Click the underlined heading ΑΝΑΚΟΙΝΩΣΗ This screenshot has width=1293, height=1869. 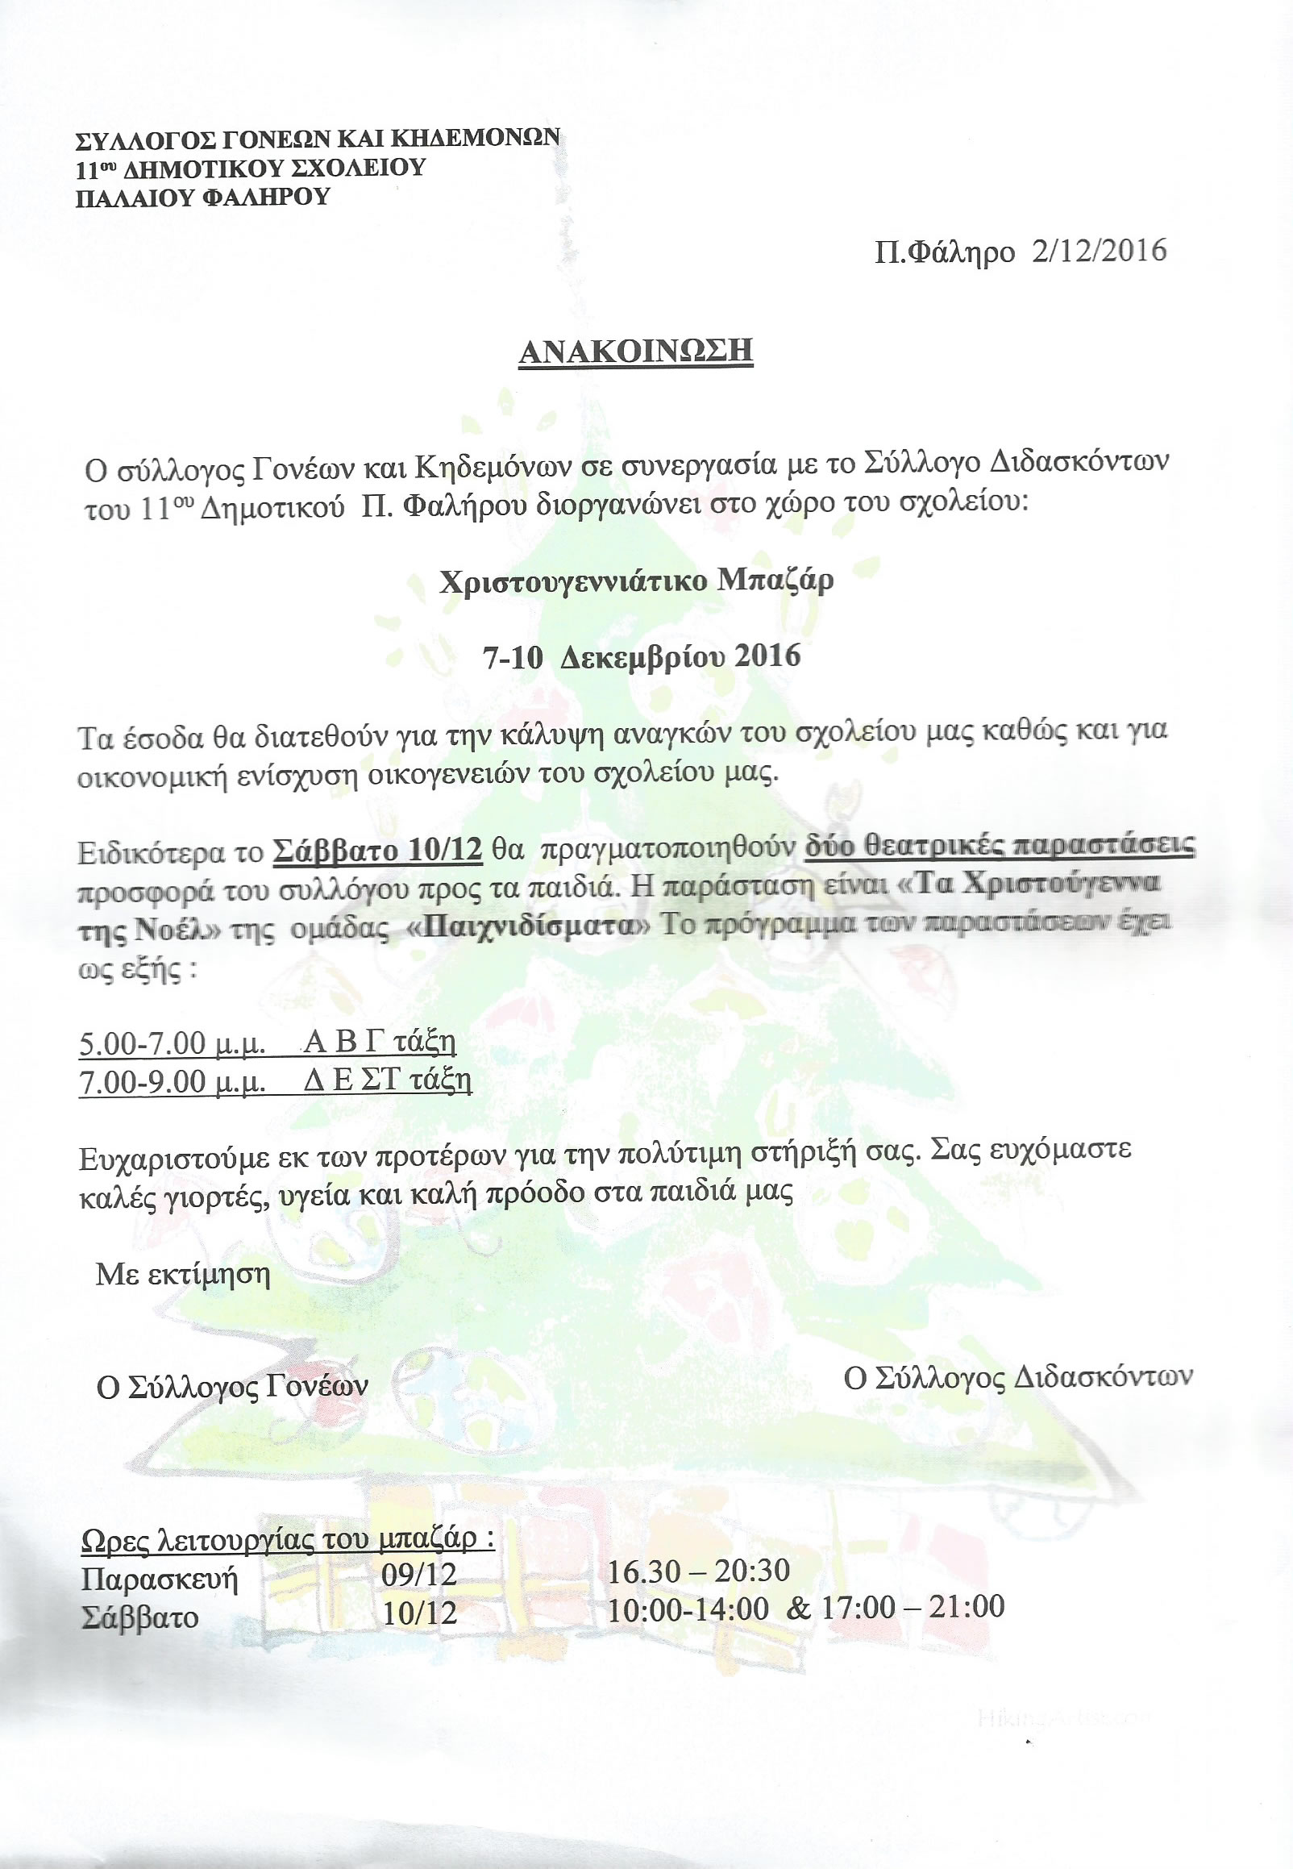(x=636, y=351)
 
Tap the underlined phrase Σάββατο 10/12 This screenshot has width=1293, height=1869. (x=377, y=851)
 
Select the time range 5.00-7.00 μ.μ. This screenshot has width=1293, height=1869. (x=173, y=1043)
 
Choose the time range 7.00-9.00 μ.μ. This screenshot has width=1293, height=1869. (x=173, y=1082)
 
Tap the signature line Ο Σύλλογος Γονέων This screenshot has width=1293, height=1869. (x=231, y=1386)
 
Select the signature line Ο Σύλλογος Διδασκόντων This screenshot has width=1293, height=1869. (x=1017, y=1376)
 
